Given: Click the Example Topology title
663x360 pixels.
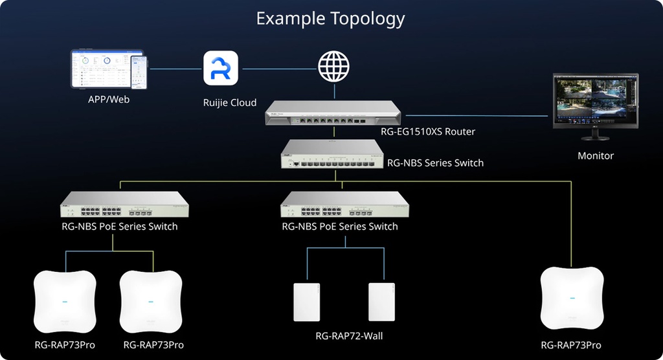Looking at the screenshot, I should point(331,18).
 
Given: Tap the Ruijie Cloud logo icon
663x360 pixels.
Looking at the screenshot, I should point(221,69).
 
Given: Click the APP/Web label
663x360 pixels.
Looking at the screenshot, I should point(109,100).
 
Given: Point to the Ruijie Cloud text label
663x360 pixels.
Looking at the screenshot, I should point(230,102).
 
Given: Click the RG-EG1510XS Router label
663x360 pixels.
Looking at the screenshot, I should point(428,131).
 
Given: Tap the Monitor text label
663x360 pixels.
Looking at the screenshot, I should point(596,156).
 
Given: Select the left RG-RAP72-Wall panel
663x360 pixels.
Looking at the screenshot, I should point(307,301).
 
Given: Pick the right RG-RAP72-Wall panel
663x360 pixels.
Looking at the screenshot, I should point(382,301).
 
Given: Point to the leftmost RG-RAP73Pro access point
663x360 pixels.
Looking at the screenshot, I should point(64,301).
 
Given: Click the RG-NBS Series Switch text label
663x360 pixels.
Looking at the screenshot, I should point(435,163).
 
